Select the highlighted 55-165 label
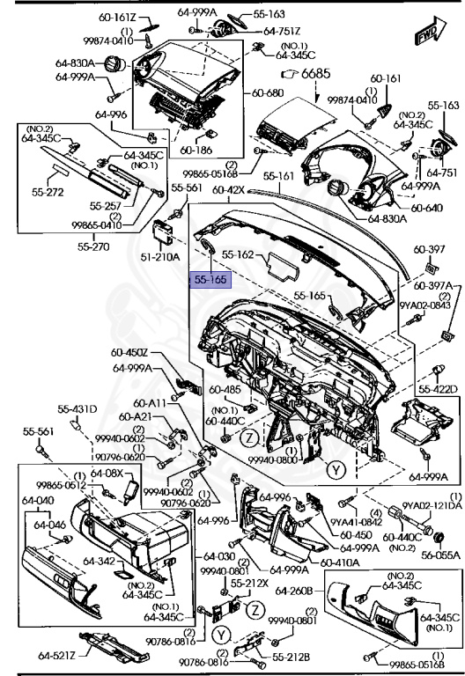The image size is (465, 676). [211, 280]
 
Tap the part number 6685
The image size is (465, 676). [316, 73]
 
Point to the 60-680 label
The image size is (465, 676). [269, 92]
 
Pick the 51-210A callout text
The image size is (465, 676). [161, 257]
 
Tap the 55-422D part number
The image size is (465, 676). [438, 388]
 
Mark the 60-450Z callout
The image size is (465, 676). [130, 353]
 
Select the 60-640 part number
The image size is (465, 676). [426, 209]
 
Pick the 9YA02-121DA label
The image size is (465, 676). [432, 505]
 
